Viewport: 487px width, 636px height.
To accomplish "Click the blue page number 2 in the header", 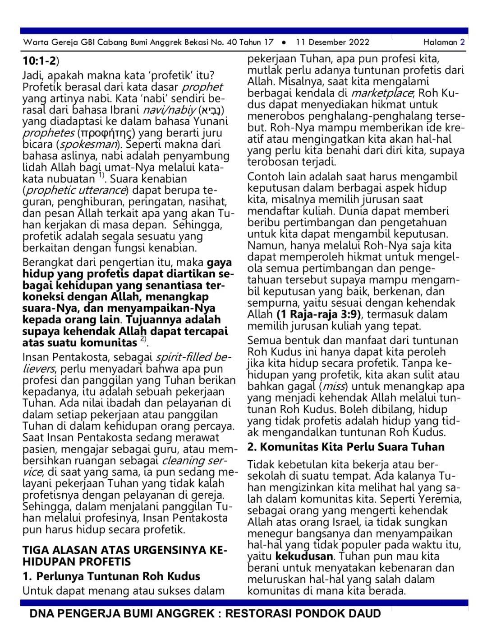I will point(462,42).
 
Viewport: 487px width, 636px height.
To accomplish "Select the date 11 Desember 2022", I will point(332,42).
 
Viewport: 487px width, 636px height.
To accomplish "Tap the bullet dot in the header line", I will point(284,42).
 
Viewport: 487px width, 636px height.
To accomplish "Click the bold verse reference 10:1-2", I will point(39,61).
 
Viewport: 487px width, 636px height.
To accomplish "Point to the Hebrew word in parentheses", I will point(211,110).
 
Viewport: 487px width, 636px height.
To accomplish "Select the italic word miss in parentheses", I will point(334,387).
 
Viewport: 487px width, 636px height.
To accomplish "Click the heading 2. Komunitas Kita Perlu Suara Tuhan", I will point(346,447).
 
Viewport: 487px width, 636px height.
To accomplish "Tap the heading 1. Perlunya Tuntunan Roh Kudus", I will point(111,576).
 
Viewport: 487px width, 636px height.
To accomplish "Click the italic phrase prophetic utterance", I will point(75,191).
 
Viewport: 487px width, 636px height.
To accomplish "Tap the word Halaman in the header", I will point(440,42).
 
